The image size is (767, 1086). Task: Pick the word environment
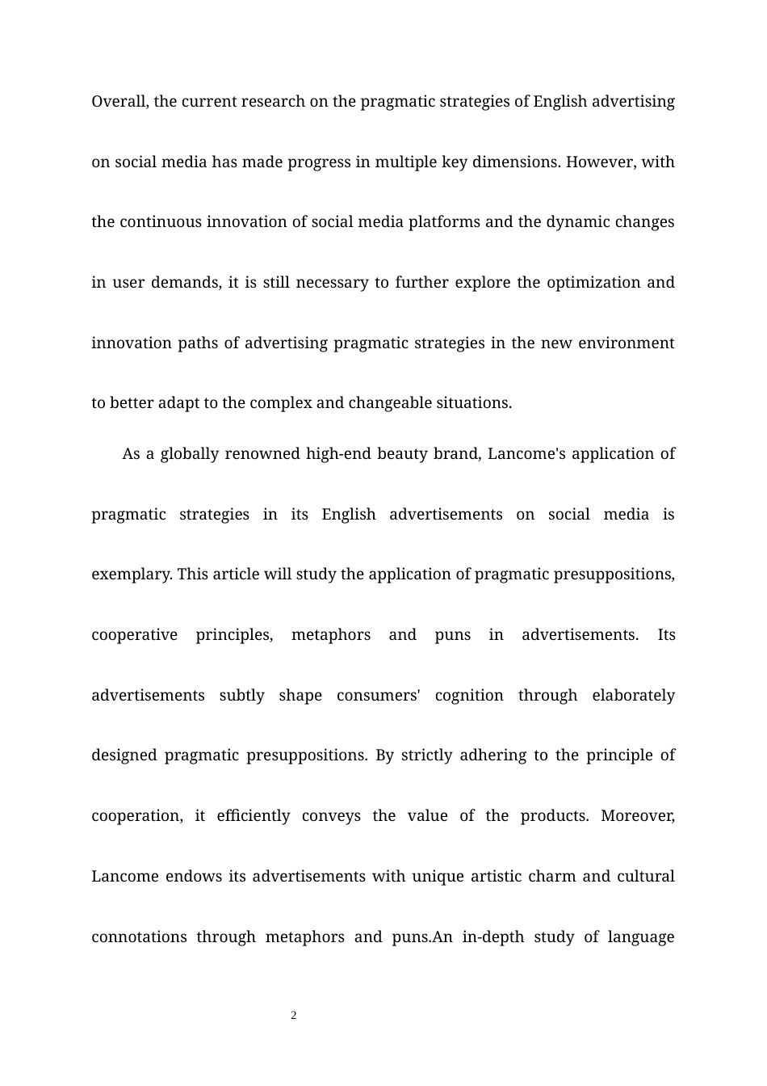(627, 343)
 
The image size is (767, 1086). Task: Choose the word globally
(190, 454)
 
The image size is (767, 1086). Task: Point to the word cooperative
(134, 635)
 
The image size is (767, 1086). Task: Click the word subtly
(242, 696)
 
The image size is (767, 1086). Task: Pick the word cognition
(469, 696)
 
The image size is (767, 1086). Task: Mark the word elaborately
(633, 696)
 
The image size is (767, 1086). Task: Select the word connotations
(139, 937)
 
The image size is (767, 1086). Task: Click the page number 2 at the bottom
(294, 1016)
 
